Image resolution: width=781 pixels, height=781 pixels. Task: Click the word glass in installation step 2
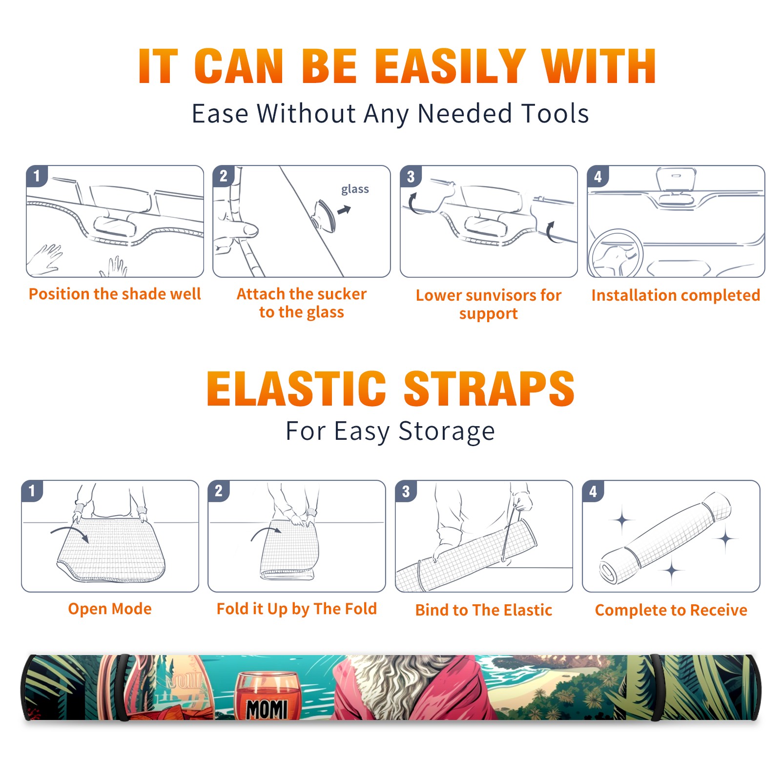355,189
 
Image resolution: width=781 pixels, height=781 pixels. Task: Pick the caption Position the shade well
115,294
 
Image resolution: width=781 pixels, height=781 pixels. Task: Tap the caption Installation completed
676,295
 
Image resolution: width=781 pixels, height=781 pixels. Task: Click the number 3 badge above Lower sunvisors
411,177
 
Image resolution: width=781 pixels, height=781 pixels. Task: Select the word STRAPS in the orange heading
489,389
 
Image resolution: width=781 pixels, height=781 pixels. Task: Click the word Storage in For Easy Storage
447,432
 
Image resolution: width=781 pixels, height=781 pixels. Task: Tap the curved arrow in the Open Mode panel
70,533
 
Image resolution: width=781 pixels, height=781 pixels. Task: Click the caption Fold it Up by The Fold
297,609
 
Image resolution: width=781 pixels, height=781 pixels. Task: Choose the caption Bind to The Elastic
484,610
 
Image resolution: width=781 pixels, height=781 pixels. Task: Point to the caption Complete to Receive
671,610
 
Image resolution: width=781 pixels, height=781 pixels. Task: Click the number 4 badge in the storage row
593,492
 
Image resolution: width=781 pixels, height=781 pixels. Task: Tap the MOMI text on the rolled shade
267,709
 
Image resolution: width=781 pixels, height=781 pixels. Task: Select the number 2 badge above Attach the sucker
224,176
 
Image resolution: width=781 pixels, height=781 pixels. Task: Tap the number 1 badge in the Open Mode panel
32,491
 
